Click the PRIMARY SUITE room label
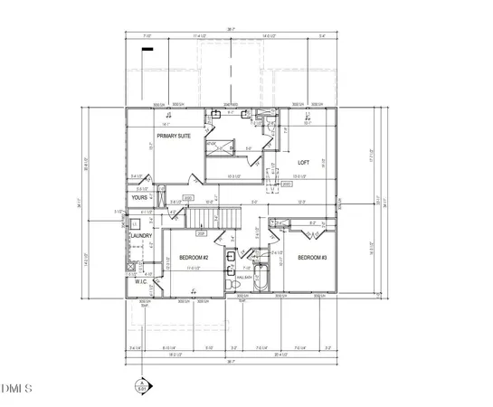click(x=174, y=136)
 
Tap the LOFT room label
click(x=304, y=163)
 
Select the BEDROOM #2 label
click(x=193, y=258)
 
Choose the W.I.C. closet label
click(x=141, y=281)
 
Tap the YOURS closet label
click(x=139, y=196)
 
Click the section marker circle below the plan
click(x=141, y=387)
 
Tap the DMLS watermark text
click(x=16, y=390)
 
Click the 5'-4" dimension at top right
click(x=324, y=36)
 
